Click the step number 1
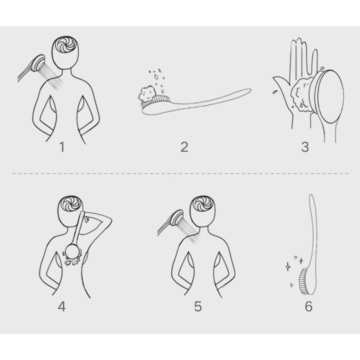coord(62,147)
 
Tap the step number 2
coord(184,147)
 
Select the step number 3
coord(305,147)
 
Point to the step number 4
coord(62,306)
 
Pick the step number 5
coord(198,306)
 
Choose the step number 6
coord(308,306)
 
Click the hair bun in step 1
coord(66,44)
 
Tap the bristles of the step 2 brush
coord(156,102)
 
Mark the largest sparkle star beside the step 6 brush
coord(288,266)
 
